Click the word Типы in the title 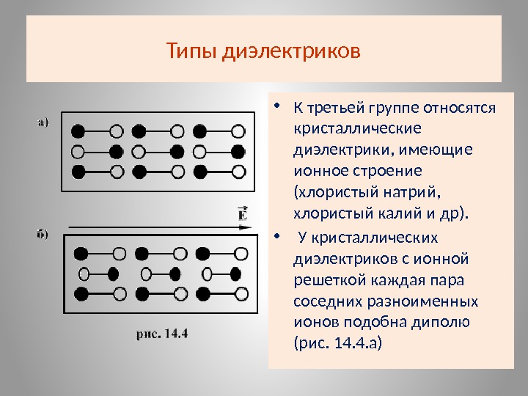(x=189, y=53)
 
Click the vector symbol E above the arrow (x=242, y=213)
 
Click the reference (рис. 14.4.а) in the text (x=337, y=342)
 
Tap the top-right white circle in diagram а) (x=238, y=132)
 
